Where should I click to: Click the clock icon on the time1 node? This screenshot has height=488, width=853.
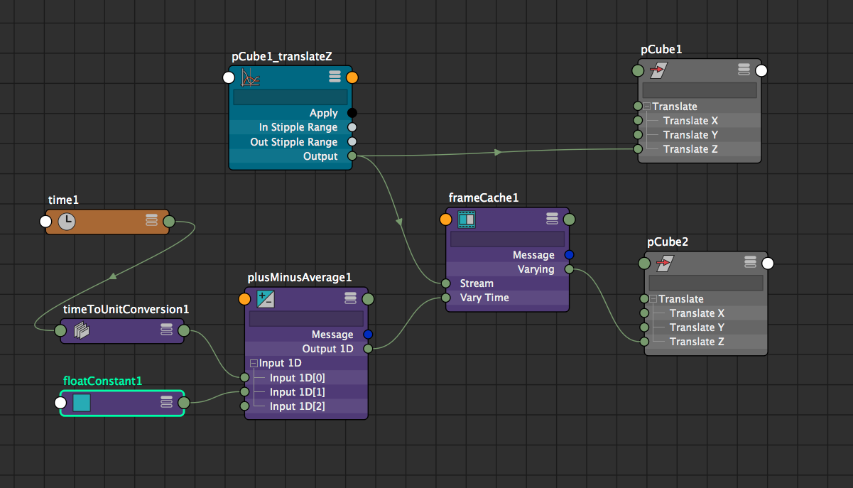[66, 222]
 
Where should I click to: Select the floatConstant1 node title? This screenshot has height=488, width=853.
[102, 381]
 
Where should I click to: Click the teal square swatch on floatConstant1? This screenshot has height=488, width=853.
[82, 403]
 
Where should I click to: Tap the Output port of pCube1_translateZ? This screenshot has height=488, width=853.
[352, 156]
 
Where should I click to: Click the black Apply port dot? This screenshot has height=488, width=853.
[352, 113]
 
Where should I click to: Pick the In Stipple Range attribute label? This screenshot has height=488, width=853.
[298, 128]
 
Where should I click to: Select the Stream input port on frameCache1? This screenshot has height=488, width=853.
[445, 283]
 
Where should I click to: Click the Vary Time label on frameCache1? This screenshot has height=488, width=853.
[484, 298]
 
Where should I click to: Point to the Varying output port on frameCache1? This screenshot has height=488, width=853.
[569, 269]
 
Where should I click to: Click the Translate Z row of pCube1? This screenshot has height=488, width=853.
[690, 149]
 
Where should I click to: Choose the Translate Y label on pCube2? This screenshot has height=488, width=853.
[696, 327]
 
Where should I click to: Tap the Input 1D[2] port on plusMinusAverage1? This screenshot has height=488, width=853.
[244, 406]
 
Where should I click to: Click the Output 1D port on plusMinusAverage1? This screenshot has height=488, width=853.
[368, 349]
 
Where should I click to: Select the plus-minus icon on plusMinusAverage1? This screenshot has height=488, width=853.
[265, 299]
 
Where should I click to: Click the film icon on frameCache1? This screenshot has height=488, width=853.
[466, 219]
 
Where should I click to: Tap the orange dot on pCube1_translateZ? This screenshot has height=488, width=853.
[352, 77]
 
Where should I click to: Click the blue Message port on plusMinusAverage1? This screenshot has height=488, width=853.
[368, 335]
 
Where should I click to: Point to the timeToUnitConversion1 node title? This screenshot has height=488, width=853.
[126, 310]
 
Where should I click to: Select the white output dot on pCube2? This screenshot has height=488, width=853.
[767, 264]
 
